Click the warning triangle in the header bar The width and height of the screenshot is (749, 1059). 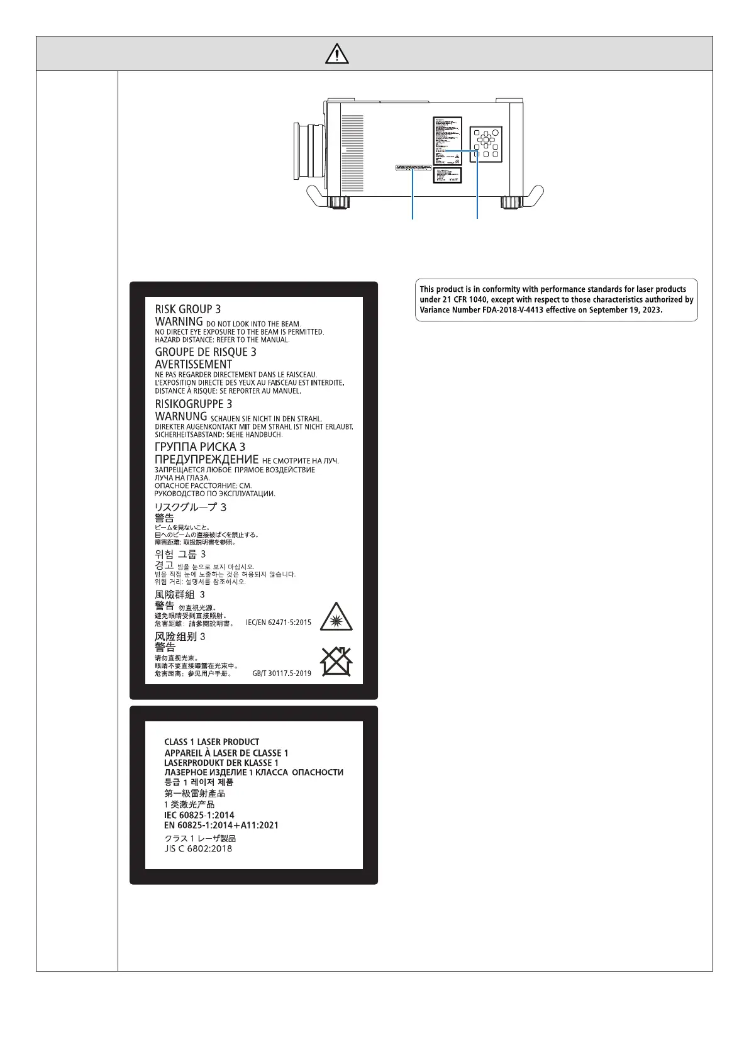click(x=337, y=54)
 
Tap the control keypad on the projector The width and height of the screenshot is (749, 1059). click(x=486, y=144)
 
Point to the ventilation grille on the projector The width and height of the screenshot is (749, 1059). click(x=352, y=153)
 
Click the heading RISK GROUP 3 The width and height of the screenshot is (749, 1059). click(x=187, y=309)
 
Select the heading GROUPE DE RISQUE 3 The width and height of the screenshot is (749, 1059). click(x=206, y=352)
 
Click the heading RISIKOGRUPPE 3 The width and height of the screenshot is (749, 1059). click(x=193, y=404)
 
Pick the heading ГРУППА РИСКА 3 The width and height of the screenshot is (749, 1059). click(x=200, y=447)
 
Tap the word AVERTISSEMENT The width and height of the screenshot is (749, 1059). click(x=193, y=364)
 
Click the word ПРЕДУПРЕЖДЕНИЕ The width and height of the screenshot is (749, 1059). click(x=206, y=460)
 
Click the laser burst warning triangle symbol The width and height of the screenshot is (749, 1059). click(x=336, y=616)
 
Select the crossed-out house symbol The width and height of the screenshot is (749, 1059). click(x=336, y=662)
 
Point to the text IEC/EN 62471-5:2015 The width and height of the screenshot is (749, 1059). click(x=278, y=623)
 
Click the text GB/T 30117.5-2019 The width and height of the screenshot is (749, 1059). click(x=282, y=674)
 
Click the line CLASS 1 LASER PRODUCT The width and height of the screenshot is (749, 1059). click(x=211, y=742)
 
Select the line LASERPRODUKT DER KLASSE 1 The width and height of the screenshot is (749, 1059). click(x=221, y=763)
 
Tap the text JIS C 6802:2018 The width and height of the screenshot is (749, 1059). click(x=198, y=849)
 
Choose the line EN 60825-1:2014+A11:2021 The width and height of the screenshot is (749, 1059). click(x=221, y=826)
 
